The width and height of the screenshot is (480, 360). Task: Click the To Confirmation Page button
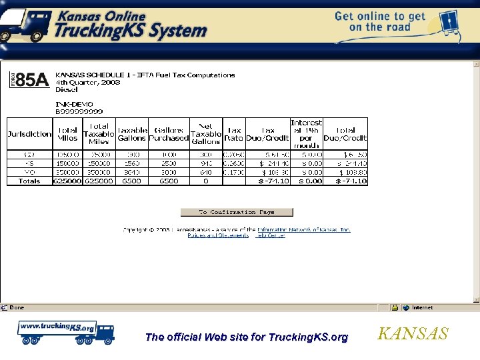tap(237, 212)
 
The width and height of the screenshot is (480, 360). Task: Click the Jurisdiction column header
tap(29, 134)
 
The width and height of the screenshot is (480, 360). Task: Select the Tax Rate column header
tap(234, 134)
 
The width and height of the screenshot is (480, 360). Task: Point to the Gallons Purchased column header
tap(169, 134)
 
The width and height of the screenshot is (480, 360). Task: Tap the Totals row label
tap(29, 181)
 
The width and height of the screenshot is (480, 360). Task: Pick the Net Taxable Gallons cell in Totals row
tap(206, 181)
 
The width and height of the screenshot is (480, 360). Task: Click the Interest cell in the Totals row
tap(306, 181)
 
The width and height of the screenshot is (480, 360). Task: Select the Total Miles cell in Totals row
tap(67, 181)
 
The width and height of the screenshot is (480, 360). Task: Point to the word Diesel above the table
tap(66, 89)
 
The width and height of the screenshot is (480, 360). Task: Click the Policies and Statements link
tap(218, 235)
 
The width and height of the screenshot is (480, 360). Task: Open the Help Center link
tap(271, 235)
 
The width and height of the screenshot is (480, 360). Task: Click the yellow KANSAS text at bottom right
tap(413, 334)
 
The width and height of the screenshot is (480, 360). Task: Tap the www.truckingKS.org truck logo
tap(65, 331)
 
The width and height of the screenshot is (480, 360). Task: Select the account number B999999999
tap(79, 111)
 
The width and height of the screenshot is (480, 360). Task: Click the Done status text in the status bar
tap(17, 307)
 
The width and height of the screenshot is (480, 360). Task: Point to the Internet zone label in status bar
tap(421, 307)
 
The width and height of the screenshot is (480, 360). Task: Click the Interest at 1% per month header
tap(306, 134)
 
